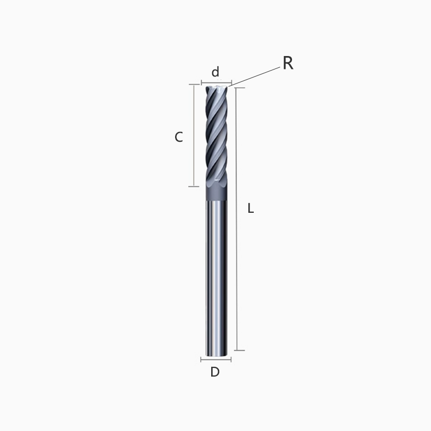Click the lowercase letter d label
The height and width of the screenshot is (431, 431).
click(x=215, y=72)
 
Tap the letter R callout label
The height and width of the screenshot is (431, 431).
click(x=288, y=64)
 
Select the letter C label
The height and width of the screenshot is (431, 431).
click(x=179, y=137)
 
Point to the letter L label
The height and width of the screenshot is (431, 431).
click(x=251, y=208)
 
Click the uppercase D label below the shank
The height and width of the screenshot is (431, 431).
click(x=215, y=372)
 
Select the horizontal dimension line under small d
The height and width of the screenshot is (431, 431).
click(x=215, y=83)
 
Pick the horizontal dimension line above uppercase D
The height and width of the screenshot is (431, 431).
click(x=215, y=359)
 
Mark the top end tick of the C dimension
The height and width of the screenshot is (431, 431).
click(x=193, y=85)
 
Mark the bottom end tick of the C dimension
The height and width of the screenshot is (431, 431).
click(x=193, y=186)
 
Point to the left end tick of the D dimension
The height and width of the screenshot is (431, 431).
click(x=201, y=359)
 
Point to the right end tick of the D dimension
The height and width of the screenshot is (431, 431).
click(x=231, y=359)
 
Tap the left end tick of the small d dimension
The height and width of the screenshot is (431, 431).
click(x=201, y=83)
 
